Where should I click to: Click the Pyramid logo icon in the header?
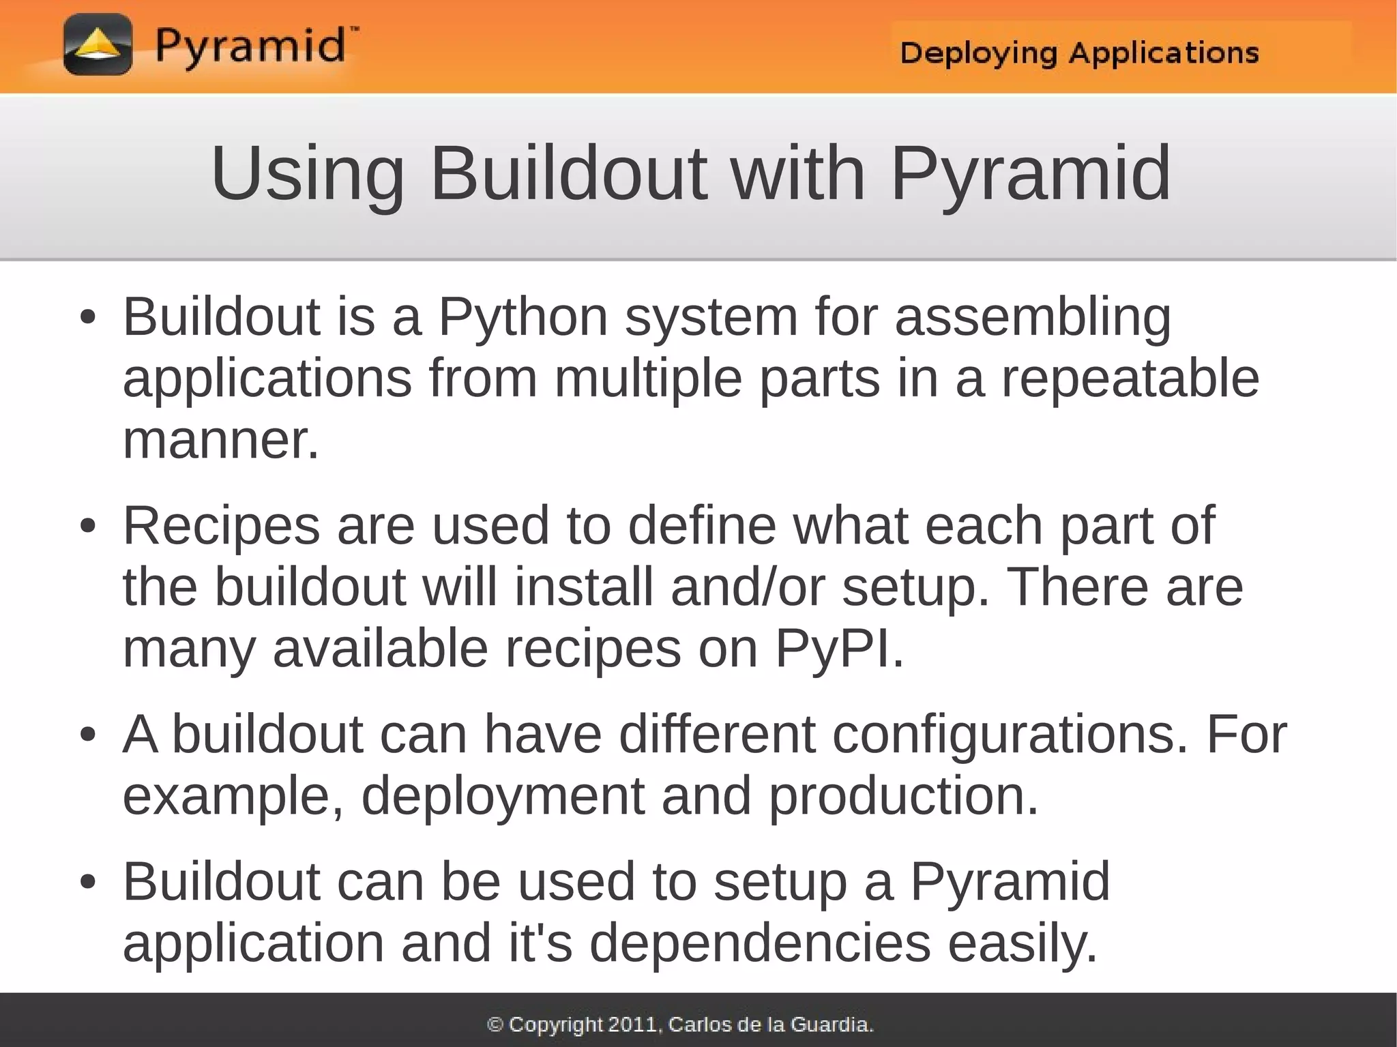coord(98,45)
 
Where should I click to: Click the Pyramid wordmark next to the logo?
coord(251,46)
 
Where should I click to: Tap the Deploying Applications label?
coord(1079,53)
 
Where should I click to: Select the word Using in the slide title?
coord(308,175)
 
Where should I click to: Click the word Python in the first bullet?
coord(523,318)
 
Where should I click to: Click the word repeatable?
coord(1130,379)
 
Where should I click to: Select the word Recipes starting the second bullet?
coord(221,526)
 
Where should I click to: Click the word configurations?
coord(1010,735)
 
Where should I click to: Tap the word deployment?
coord(503,796)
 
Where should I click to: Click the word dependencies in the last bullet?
coord(760,943)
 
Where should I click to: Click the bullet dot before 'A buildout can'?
coord(87,735)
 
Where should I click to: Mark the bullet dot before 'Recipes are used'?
coord(87,527)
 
